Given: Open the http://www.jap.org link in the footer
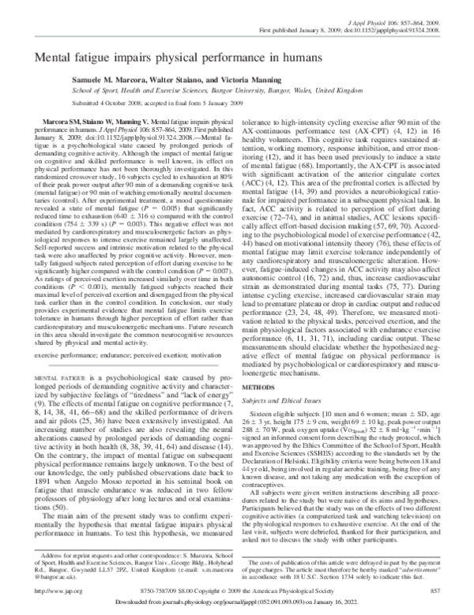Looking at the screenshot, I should click(x=49, y=591).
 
